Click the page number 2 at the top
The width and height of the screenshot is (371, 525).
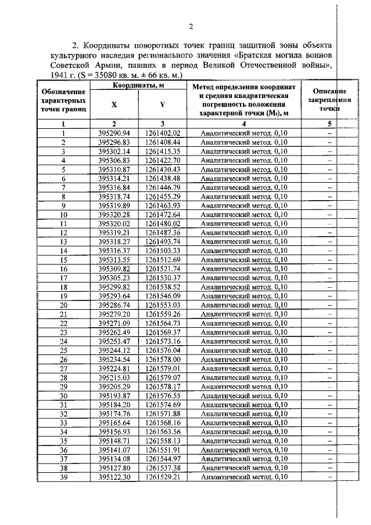coord(191,26)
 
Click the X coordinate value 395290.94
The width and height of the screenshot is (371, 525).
coord(114,133)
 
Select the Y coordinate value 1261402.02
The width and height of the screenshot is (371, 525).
coord(163,133)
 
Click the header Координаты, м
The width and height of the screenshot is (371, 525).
coord(138,86)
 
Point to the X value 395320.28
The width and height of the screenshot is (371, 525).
coord(114,214)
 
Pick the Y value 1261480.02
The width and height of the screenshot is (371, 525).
coord(163,223)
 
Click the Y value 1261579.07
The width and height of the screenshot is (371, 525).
coord(163,377)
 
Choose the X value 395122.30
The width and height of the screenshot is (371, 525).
coord(114,477)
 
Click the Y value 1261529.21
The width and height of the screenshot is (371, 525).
coord(163,477)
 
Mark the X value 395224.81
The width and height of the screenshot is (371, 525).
coord(114,368)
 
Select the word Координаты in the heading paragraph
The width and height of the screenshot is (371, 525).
coord(110,45)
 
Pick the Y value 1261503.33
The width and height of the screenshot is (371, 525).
coord(163,251)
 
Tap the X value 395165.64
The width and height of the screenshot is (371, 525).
coord(114,422)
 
